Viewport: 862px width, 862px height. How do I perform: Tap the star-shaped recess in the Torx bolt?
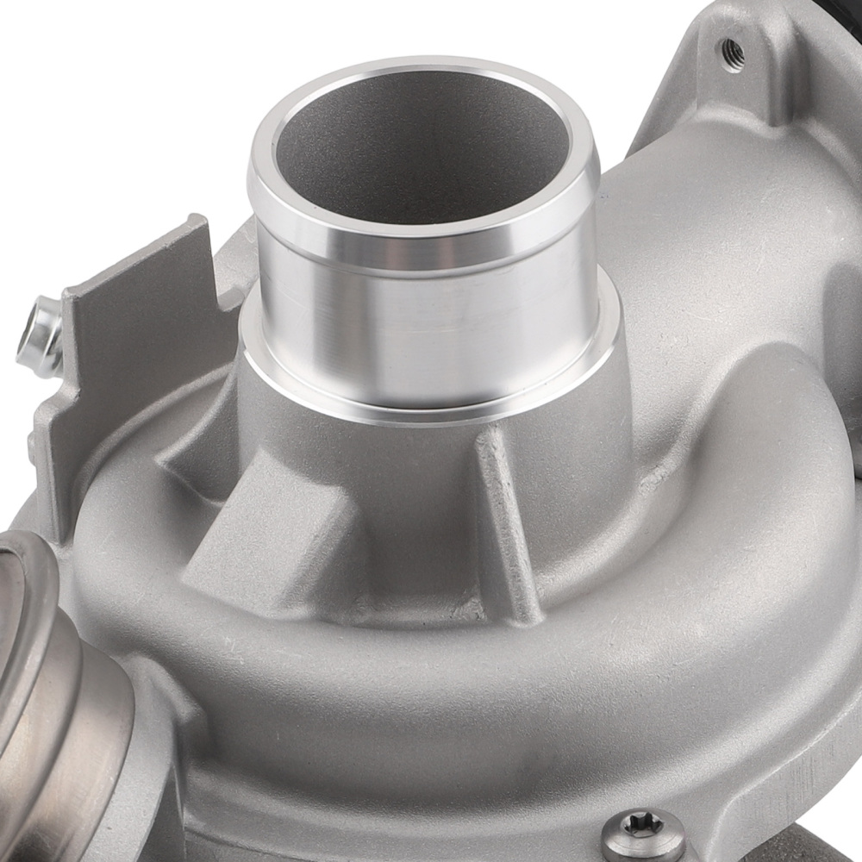tap(643, 825)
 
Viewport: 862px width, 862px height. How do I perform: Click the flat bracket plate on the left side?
tap(129, 345)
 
